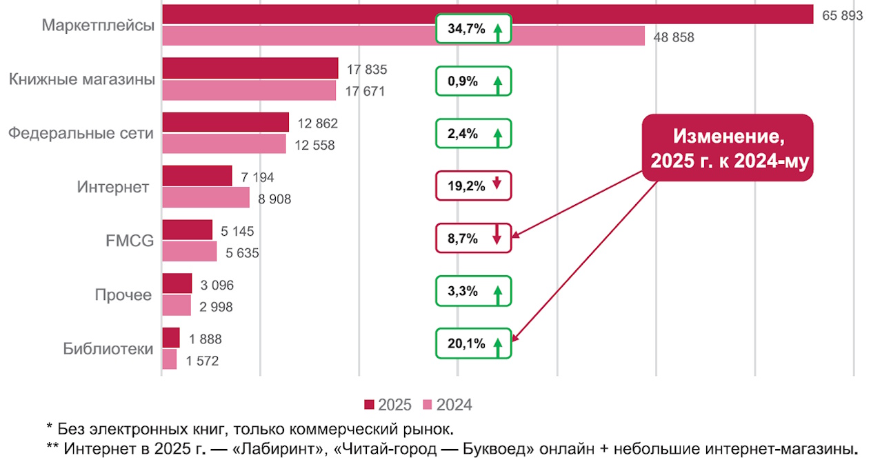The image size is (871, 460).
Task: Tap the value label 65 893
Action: (842, 15)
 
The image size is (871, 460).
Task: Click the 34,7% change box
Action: (473, 29)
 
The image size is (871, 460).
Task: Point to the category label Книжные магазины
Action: (81, 79)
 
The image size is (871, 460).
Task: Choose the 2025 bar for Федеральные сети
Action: (225, 122)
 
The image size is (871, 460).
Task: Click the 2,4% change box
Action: (473, 134)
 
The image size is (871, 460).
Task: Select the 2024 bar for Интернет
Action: (206, 198)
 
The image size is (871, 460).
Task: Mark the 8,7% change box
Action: (473, 238)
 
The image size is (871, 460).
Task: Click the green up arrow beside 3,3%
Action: (497, 294)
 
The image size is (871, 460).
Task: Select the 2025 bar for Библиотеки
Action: (170, 338)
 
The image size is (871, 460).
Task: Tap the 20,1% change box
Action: (473, 343)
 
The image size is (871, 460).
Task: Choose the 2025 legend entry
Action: (388, 405)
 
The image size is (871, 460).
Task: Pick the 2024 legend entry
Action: (448, 405)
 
